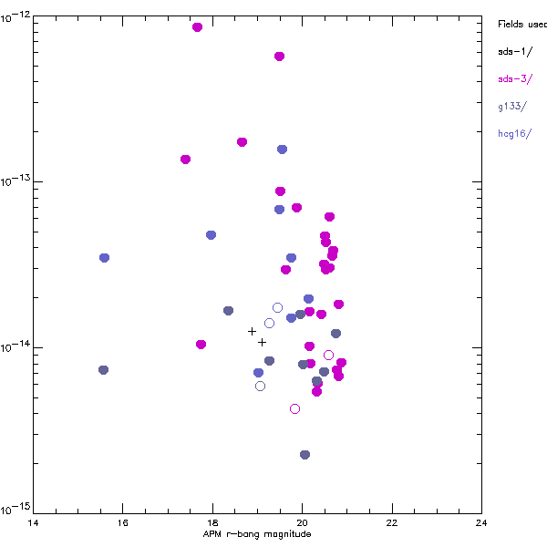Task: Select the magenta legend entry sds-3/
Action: point(513,79)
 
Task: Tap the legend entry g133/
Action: point(512,107)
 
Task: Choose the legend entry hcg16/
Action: point(515,134)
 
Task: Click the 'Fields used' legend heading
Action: point(521,25)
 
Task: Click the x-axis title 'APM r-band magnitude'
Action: point(257,534)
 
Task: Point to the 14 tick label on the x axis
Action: point(34,522)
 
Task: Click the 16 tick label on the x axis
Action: point(123,522)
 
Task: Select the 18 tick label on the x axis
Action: point(212,522)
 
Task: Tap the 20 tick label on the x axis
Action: point(302,522)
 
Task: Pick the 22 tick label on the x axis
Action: point(391,522)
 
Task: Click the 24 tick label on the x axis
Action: point(480,522)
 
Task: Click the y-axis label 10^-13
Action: point(16,181)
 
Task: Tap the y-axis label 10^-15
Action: point(16,508)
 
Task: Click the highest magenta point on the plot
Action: point(197,27)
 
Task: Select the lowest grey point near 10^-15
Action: point(304,455)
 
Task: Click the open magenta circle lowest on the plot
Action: point(294,409)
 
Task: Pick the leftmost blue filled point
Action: point(105,258)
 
